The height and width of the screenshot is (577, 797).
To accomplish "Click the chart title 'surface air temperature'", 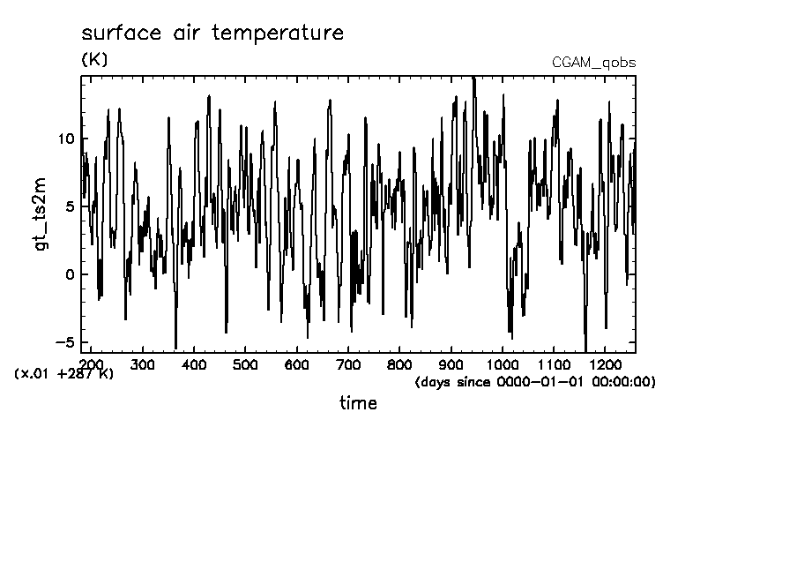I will [x=212, y=34].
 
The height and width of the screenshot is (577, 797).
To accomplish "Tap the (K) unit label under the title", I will [x=93, y=60].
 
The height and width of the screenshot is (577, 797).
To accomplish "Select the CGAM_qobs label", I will [x=593, y=63].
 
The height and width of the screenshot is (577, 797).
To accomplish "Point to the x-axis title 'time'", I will [x=358, y=403].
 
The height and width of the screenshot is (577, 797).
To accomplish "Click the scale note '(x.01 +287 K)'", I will [x=64, y=374].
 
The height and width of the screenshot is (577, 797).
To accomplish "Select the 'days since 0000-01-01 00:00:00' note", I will [x=534, y=382].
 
